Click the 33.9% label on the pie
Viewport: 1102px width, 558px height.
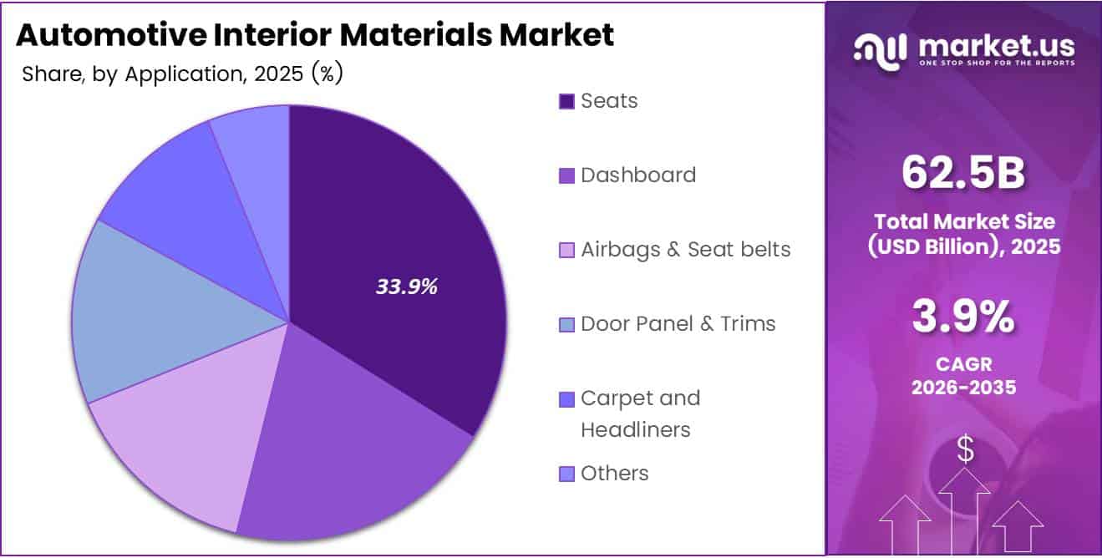407,287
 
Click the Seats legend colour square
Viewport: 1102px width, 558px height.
566,102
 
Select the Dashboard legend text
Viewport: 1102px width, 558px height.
638,175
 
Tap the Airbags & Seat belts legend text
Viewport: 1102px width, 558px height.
685,249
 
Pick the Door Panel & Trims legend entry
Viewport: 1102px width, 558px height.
678,323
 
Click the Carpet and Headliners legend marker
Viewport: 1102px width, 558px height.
566,399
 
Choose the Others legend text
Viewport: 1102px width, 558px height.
614,473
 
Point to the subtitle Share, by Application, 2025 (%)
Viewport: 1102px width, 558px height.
182,74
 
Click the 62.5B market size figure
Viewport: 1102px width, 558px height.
963,173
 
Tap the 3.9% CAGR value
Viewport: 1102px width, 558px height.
963,317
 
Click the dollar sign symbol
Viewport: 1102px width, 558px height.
965,450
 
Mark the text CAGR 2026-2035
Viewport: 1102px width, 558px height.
963,377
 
